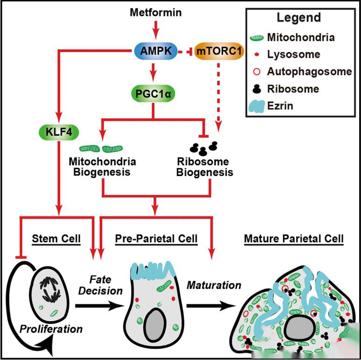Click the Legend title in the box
tap(299, 18)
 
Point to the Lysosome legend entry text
tap(293, 54)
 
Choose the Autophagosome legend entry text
tap(309, 71)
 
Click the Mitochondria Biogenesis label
tap(102, 167)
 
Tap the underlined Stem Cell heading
tap(56, 239)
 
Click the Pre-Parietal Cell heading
tap(156, 239)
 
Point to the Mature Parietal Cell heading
tap(294, 239)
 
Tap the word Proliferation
tap(51, 329)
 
